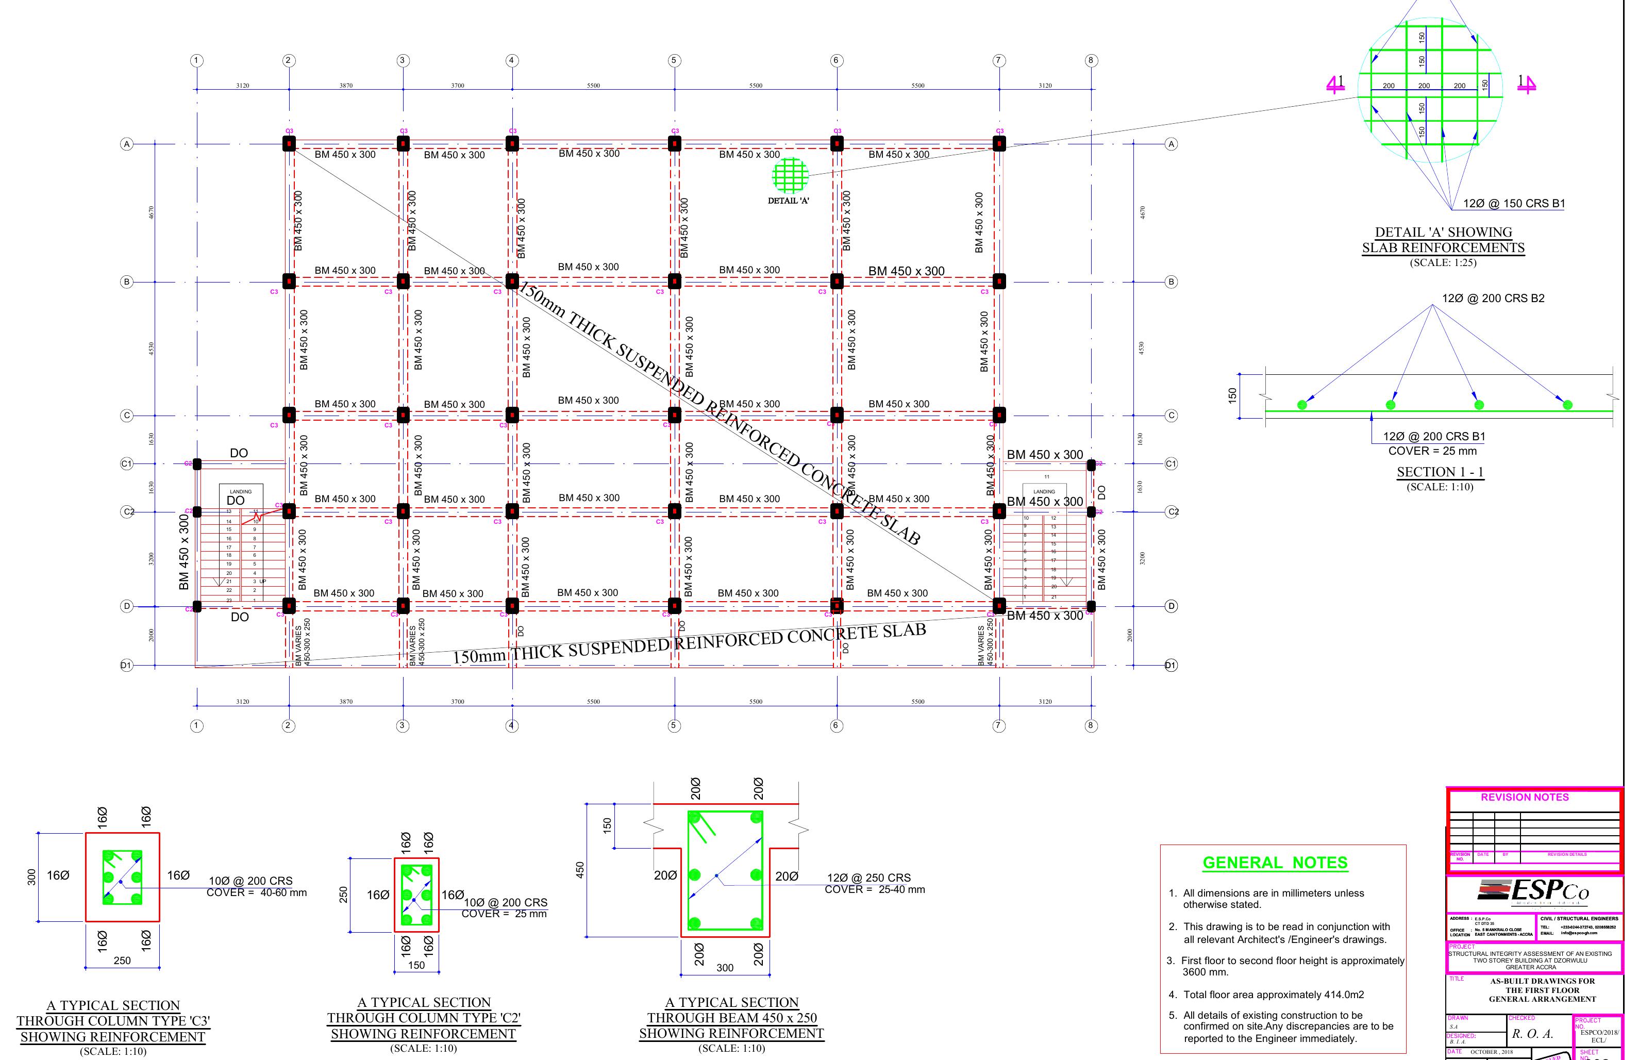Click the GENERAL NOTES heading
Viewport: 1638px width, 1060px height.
(x=1275, y=863)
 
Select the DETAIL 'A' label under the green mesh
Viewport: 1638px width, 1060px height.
(x=789, y=201)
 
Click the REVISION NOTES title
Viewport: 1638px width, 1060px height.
(x=1525, y=797)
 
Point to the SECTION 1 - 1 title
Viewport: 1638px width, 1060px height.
(x=1440, y=472)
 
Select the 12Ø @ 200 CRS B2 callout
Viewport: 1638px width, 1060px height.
(x=1493, y=299)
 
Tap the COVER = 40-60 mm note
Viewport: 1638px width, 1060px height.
(x=257, y=893)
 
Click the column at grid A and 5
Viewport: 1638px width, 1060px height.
(x=674, y=143)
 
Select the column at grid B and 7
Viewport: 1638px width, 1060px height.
(x=999, y=281)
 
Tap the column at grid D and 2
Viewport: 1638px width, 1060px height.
(x=289, y=606)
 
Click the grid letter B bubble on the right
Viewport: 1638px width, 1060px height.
(x=1171, y=281)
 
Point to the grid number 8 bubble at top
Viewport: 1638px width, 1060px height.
(x=1091, y=60)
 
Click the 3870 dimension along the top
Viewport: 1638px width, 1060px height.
(x=346, y=86)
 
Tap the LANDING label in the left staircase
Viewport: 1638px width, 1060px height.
(x=240, y=491)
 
